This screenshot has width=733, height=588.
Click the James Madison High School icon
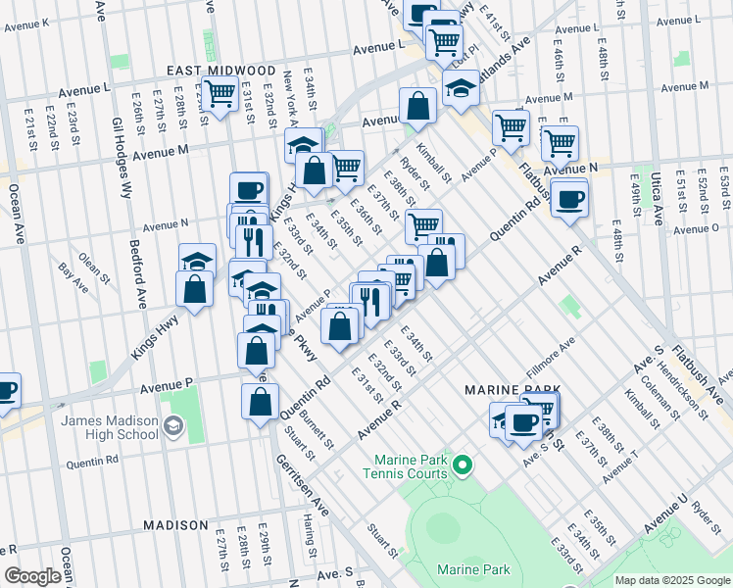coord(173,424)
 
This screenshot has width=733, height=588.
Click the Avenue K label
coord(25,23)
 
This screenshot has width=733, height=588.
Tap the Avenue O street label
coord(696,229)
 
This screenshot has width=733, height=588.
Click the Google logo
coord(32,575)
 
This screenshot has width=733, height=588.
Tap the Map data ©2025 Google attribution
coord(672,580)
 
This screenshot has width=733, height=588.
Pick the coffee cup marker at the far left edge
coord(6,389)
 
